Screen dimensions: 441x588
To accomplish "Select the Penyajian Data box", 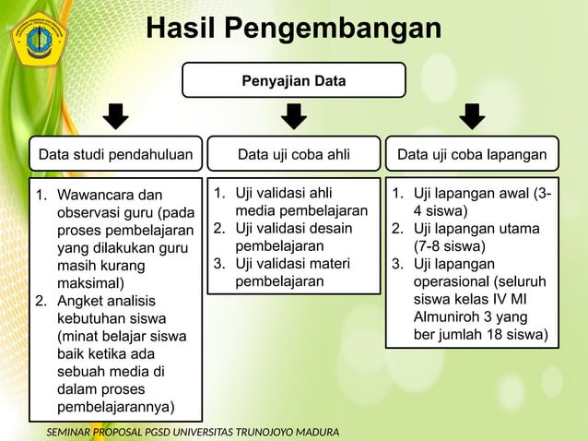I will [x=294, y=80].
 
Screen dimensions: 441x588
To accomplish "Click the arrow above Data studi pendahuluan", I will [x=115, y=117].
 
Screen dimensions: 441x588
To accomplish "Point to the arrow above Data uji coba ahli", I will [x=294, y=117].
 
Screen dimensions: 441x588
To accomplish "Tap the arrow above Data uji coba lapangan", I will [x=472, y=117].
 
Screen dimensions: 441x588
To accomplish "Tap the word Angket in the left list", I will [x=79, y=301].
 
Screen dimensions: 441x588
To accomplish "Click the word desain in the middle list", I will [x=332, y=229].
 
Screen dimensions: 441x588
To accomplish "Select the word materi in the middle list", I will [x=330, y=264].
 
